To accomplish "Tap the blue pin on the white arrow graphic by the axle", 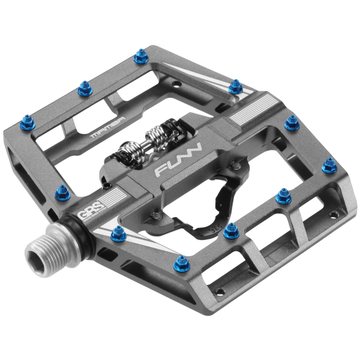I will pos(118,235).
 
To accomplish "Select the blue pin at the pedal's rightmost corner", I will pos(329,165).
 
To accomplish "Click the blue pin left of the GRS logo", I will pos(62,193).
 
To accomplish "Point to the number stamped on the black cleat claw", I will pos(211,227).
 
